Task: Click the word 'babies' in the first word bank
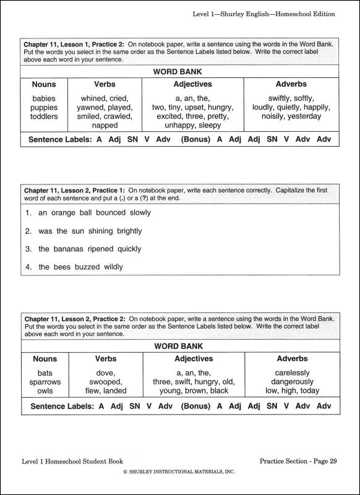coord(45,98)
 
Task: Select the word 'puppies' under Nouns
coord(45,107)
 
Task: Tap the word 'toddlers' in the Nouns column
coord(45,116)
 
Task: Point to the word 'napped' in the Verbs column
coord(105,125)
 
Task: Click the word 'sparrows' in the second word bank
coord(45,382)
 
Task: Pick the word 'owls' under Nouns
coord(45,391)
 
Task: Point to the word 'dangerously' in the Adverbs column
coord(292,382)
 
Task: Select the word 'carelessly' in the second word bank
coord(292,373)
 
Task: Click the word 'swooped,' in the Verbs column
coord(105,382)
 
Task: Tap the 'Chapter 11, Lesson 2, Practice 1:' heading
coord(74,190)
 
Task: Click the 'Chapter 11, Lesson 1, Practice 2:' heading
coord(74,45)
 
